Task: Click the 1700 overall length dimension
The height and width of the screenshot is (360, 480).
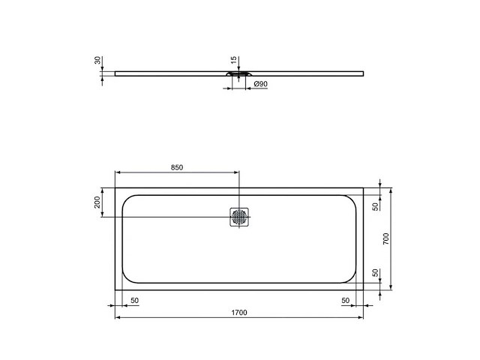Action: tap(239, 311)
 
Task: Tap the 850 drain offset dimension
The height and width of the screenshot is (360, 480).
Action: tap(177, 167)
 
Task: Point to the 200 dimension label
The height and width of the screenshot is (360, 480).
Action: tap(97, 203)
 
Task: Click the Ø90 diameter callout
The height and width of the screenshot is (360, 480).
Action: tap(261, 84)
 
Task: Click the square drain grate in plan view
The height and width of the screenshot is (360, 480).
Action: tap(239, 217)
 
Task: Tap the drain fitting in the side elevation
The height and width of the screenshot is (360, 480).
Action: tap(239, 74)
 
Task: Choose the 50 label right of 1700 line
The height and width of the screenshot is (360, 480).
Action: tap(346, 300)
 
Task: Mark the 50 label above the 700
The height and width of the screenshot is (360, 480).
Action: tap(376, 205)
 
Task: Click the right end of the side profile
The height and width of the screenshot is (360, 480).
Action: tap(363, 73)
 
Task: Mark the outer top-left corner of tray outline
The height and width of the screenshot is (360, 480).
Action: tap(115, 188)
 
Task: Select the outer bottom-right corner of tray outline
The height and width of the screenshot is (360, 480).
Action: tap(364, 289)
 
